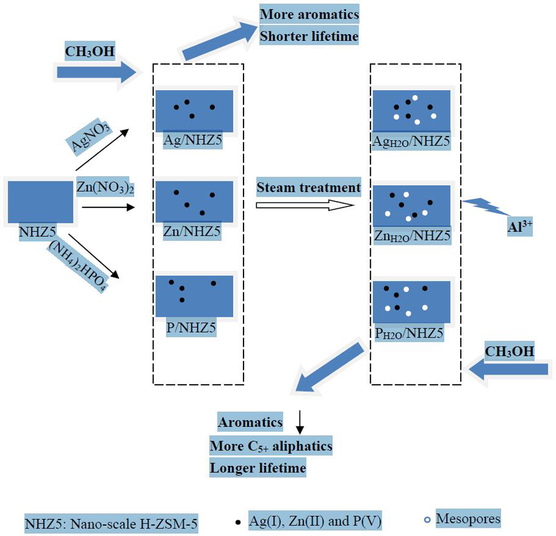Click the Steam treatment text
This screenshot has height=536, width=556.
click(x=309, y=188)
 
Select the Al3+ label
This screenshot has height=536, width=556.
click(x=519, y=227)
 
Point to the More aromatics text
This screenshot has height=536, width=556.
click(x=310, y=14)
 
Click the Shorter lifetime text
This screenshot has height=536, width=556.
click(x=309, y=37)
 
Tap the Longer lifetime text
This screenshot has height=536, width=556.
click(x=258, y=468)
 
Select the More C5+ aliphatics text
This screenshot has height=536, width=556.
click(x=271, y=445)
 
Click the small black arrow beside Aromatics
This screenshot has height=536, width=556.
click(x=300, y=423)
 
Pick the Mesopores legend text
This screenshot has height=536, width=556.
click(x=468, y=519)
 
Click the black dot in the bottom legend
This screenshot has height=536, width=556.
click(x=238, y=522)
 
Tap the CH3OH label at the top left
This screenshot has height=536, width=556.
click(x=90, y=52)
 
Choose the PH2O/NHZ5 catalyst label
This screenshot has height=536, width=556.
click(x=409, y=333)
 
